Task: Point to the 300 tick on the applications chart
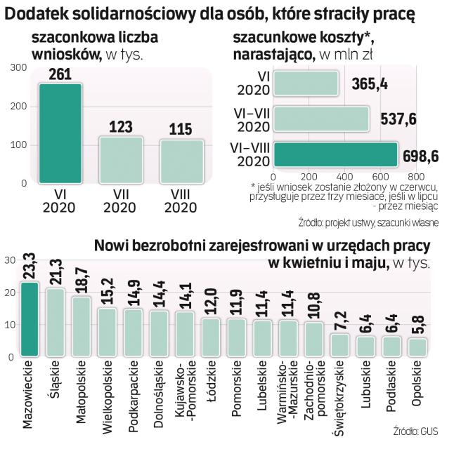[19, 67]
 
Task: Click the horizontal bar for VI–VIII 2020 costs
[335, 155]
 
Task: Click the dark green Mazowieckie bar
[30, 319]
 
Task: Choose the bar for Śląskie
[56, 322]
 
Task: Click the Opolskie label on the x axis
[417, 385]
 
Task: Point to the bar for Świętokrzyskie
[339, 344]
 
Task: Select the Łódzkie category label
[210, 382]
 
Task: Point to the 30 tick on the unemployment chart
[10, 260]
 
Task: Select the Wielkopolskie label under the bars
[107, 392]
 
